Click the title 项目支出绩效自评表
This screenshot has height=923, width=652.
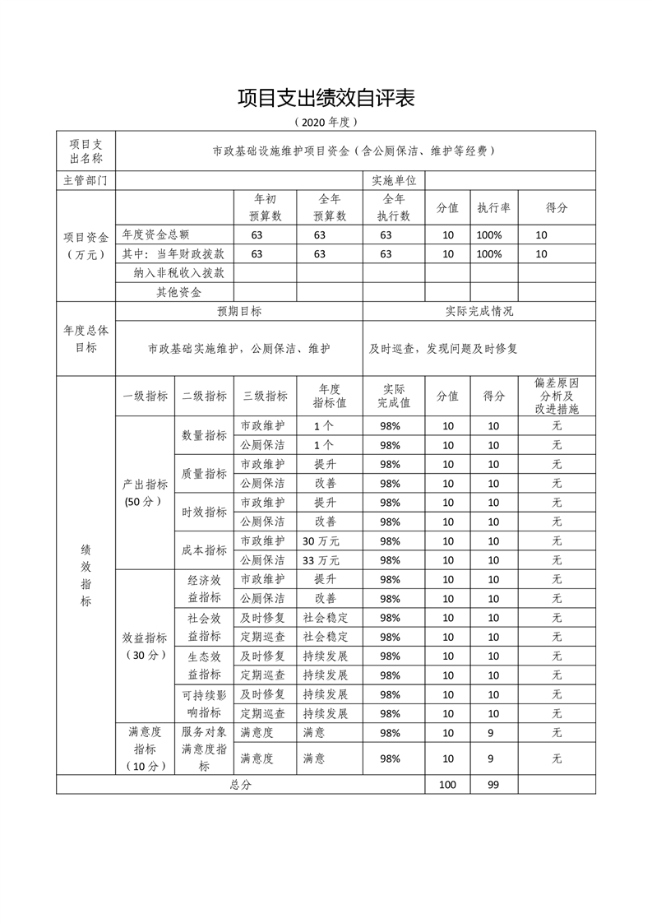[326, 98]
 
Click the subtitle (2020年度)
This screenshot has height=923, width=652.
[326, 123]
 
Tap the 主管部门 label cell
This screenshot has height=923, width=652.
[86, 180]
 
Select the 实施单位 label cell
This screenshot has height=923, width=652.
[394, 180]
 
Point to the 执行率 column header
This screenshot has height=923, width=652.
[493, 208]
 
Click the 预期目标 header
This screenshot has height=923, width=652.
[239, 311]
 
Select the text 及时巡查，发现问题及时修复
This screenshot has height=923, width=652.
[443, 349]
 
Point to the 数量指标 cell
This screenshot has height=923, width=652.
[204, 435]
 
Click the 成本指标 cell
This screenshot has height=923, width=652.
[204, 550]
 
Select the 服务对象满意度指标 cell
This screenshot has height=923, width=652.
[204, 749]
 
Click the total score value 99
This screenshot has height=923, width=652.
[493, 785]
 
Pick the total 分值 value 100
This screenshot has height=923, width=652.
[447, 785]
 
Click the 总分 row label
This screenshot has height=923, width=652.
[240, 785]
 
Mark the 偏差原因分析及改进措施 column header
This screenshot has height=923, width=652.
[557, 396]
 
